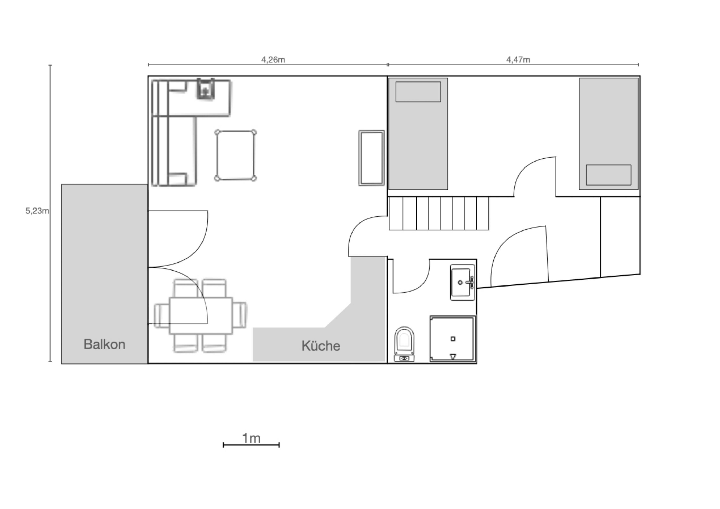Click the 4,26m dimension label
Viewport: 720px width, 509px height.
pyautogui.click(x=273, y=60)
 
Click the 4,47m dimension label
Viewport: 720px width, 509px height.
pyautogui.click(x=518, y=60)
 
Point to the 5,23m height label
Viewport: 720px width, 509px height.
pyautogui.click(x=37, y=211)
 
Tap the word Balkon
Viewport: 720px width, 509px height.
pyautogui.click(x=104, y=344)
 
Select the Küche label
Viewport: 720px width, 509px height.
pyautogui.click(x=321, y=346)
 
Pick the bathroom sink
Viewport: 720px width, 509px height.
pyautogui.click(x=462, y=282)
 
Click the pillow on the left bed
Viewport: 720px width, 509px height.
pyautogui.click(x=418, y=92)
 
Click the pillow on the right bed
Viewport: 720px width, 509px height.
pyautogui.click(x=609, y=175)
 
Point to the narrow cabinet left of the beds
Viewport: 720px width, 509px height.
pyautogui.click(x=372, y=158)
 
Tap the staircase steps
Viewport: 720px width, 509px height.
pyautogui.click(x=439, y=213)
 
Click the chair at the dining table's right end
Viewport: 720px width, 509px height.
pyautogui.click(x=240, y=315)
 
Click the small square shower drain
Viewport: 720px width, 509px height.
pyautogui.click(x=453, y=339)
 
